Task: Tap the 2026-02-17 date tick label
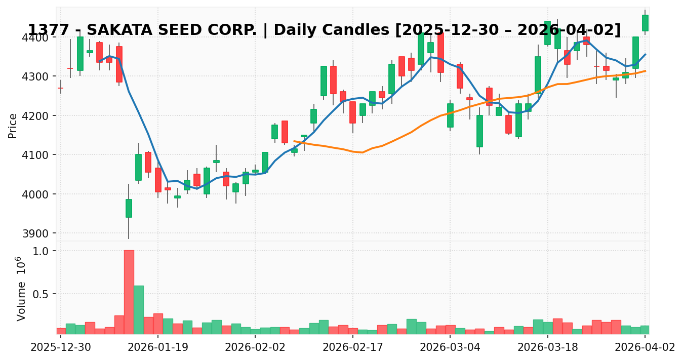click(352, 348)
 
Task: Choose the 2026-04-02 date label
click(645, 348)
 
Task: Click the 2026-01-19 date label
click(157, 348)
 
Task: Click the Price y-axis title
click(13, 126)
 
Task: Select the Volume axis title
click(21, 289)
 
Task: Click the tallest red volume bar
click(129, 292)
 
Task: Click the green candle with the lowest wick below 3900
click(129, 208)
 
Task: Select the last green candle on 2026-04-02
click(645, 23)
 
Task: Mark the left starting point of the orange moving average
click(294, 141)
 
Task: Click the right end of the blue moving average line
click(645, 54)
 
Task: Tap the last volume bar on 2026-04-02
click(645, 330)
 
